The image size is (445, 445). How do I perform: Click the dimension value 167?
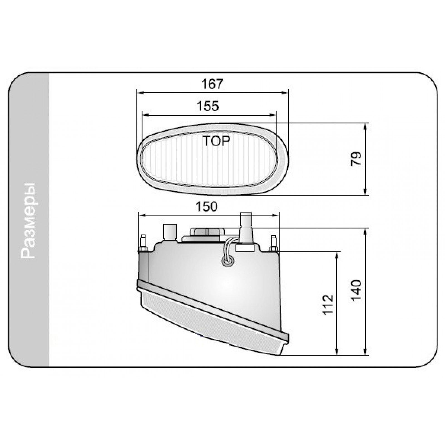click(212, 84)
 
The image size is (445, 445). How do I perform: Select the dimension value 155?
click(208, 106)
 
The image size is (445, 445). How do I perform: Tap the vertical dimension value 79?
click(357, 159)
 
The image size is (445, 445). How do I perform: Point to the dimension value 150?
click(206, 207)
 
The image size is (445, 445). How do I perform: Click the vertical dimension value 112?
click(328, 304)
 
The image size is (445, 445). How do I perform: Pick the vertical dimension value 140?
click(357, 290)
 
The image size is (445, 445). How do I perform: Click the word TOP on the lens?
click(216, 141)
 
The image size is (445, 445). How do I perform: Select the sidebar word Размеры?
click(29, 221)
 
